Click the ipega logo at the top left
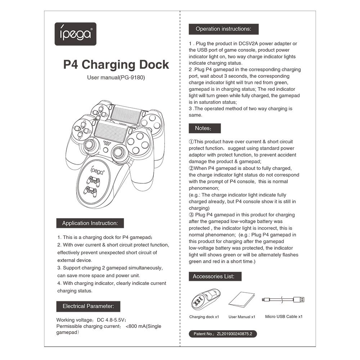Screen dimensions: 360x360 pos(75,34)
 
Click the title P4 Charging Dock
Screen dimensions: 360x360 pos(116,65)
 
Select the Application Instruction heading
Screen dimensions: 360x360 pos(90,223)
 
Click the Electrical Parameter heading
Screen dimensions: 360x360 pos(88,306)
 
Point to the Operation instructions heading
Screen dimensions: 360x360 pos(223,29)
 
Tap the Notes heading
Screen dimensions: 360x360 pos(204,128)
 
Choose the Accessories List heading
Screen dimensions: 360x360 pos(215,276)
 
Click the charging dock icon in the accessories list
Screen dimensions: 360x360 pos(204,299)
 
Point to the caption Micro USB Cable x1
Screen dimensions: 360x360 pos(284,317)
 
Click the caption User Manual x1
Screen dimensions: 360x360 pos(242,317)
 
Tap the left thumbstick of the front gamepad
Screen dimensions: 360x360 pos(90,146)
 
